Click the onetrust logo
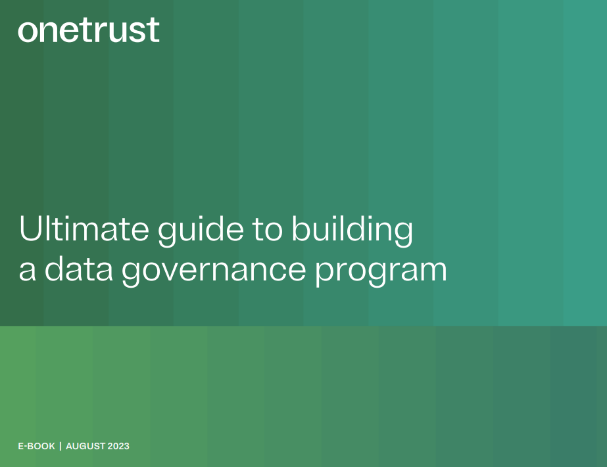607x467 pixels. pos(89,30)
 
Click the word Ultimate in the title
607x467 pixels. pos(84,228)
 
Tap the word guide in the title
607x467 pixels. pos(201,231)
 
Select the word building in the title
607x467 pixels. pos(352,231)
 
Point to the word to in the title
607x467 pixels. pos(268,230)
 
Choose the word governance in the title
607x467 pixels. pos(214,271)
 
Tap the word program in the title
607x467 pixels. pos(381,272)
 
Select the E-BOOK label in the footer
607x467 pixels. pos(36,446)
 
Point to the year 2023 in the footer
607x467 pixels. pos(118,446)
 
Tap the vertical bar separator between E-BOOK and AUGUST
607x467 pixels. pos(61,446)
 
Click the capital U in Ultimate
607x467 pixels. pos(30,229)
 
